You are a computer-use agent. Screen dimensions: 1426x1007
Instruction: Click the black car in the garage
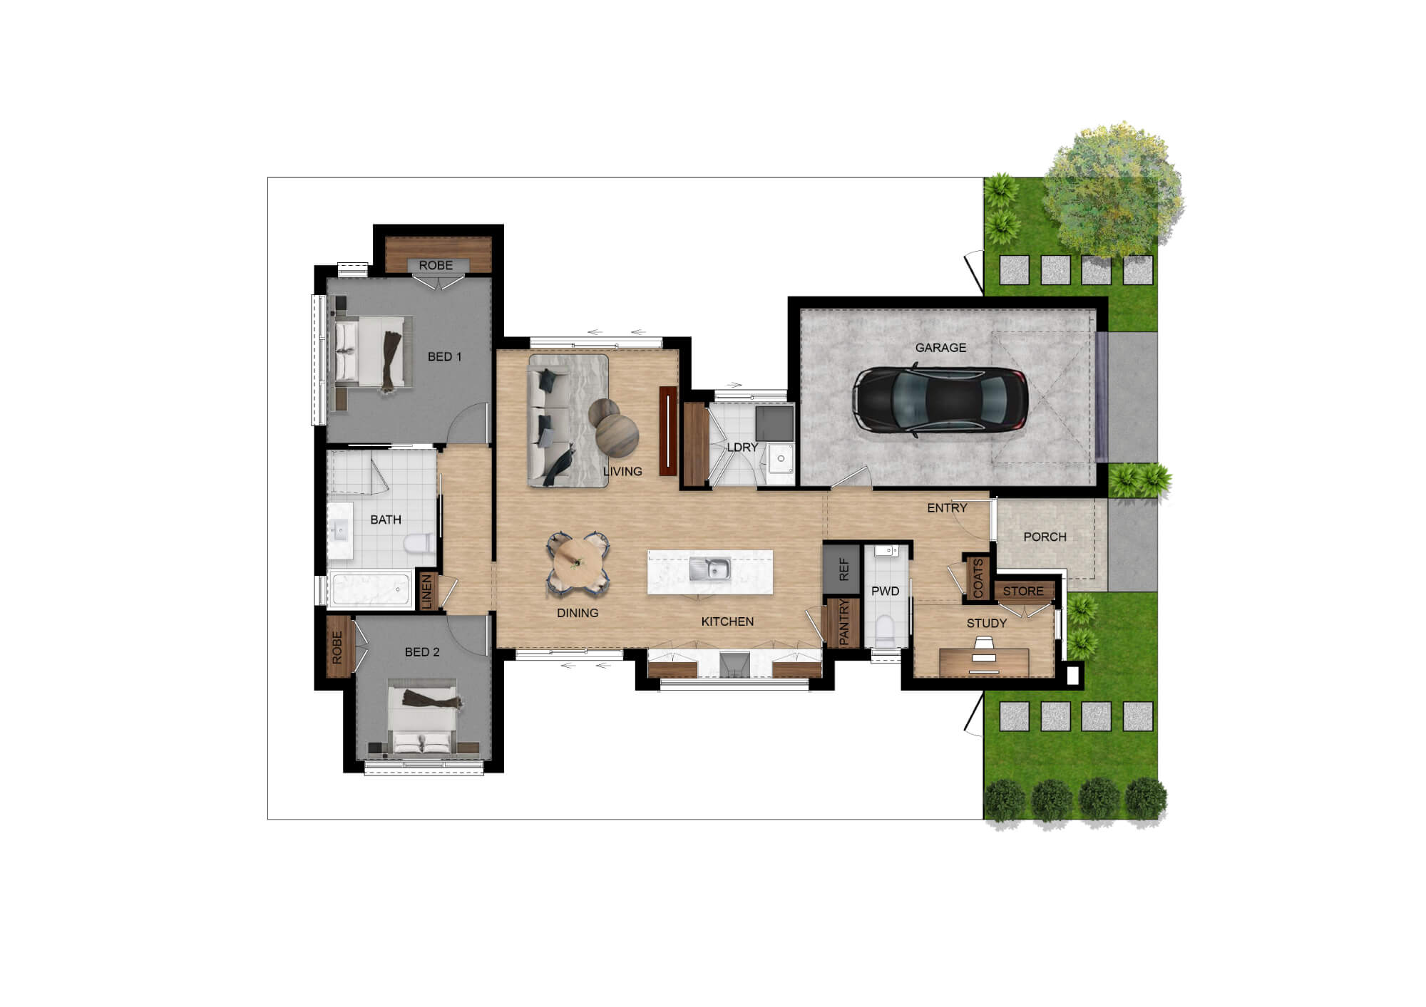[x=940, y=400]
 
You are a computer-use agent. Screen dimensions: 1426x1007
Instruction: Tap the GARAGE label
[x=940, y=348]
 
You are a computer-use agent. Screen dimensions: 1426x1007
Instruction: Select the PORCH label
[x=1045, y=537]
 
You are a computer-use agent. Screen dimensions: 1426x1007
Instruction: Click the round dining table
[x=578, y=563]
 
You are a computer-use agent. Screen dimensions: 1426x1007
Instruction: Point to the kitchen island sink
[x=709, y=569]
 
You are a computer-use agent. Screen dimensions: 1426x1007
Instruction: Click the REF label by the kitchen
[x=844, y=569]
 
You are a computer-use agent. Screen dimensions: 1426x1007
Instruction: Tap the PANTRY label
[x=844, y=622]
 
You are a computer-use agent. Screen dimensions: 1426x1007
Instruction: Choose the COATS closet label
[x=978, y=578]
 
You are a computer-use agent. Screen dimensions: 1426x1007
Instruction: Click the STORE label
[x=1023, y=591]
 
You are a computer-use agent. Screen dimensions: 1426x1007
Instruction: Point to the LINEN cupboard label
[x=427, y=592]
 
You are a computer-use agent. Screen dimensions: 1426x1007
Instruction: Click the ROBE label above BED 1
[x=436, y=265]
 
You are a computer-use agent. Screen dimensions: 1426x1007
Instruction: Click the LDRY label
[x=742, y=448]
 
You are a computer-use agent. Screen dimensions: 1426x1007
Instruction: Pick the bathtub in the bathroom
[x=370, y=589]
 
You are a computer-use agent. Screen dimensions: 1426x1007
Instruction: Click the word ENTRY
[x=947, y=508]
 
